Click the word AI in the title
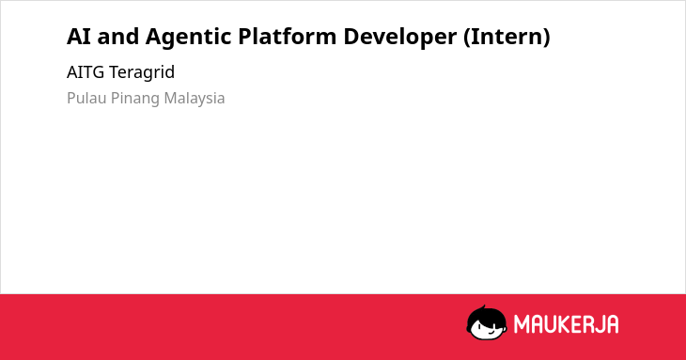coord(79,37)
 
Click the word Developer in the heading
coord(400,38)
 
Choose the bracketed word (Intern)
coord(507,38)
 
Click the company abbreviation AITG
coord(86,72)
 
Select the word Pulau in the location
coord(86,98)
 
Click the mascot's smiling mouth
coord(490,332)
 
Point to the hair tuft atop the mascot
coord(483,307)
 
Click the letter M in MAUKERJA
coord(522,324)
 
